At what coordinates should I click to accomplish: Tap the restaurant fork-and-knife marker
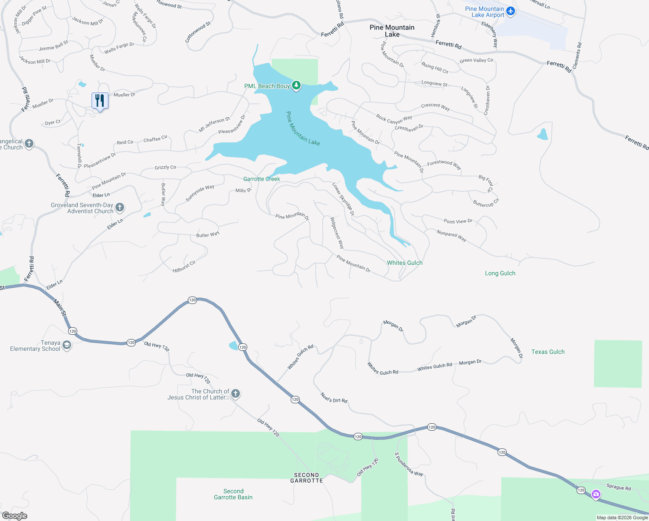(100, 101)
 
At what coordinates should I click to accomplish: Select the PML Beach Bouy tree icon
(296, 86)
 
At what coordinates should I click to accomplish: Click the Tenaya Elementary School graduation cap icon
(67, 345)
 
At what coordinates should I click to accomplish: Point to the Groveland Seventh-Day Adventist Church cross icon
(120, 208)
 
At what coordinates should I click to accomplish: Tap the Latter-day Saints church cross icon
(236, 394)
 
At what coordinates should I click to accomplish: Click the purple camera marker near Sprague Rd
(596, 494)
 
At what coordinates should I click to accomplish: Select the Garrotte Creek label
(262, 179)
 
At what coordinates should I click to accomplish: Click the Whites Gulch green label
(404, 263)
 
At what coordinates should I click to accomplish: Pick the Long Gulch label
(500, 273)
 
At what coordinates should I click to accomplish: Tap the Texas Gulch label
(548, 352)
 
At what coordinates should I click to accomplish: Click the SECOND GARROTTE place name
(306, 478)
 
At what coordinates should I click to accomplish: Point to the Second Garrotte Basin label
(233, 494)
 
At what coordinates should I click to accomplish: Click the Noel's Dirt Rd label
(334, 397)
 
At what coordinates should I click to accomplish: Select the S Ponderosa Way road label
(408, 464)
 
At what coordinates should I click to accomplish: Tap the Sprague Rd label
(618, 487)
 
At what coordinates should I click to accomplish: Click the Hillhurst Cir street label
(184, 266)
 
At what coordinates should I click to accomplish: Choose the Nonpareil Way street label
(451, 236)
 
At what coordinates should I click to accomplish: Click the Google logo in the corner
(15, 515)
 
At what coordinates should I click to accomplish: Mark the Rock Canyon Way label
(394, 119)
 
